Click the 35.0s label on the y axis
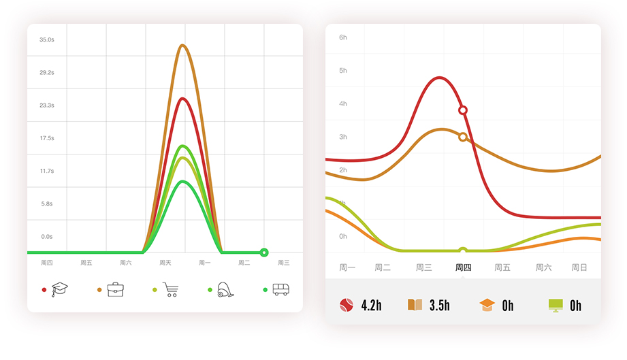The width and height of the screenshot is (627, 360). [46, 39]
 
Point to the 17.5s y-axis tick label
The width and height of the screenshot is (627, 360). [46, 138]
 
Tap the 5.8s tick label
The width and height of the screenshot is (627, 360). [46, 203]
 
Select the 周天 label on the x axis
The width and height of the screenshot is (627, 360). [165, 263]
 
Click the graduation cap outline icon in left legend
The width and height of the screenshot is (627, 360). [60, 289]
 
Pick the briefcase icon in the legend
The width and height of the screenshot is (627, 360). [115, 289]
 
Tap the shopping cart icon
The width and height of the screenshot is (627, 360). [170, 289]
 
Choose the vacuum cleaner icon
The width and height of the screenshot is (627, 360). [225, 289]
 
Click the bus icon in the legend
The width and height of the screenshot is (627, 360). [280, 289]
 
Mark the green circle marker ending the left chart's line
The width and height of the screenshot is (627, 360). [264, 252]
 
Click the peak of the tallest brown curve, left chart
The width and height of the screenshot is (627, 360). [182, 46]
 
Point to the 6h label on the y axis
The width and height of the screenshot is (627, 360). [343, 37]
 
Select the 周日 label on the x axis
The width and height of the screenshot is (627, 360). [579, 267]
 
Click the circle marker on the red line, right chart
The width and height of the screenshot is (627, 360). [463, 110]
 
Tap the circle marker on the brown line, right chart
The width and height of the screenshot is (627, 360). [463, 137]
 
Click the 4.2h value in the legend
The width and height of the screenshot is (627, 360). [371, 306]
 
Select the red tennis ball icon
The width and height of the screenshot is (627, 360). [347, 306]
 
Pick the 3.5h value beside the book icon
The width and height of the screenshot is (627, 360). [439, 306]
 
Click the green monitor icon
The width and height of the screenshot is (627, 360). [556, 306]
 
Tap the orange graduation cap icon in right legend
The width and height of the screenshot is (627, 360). [487, 306]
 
